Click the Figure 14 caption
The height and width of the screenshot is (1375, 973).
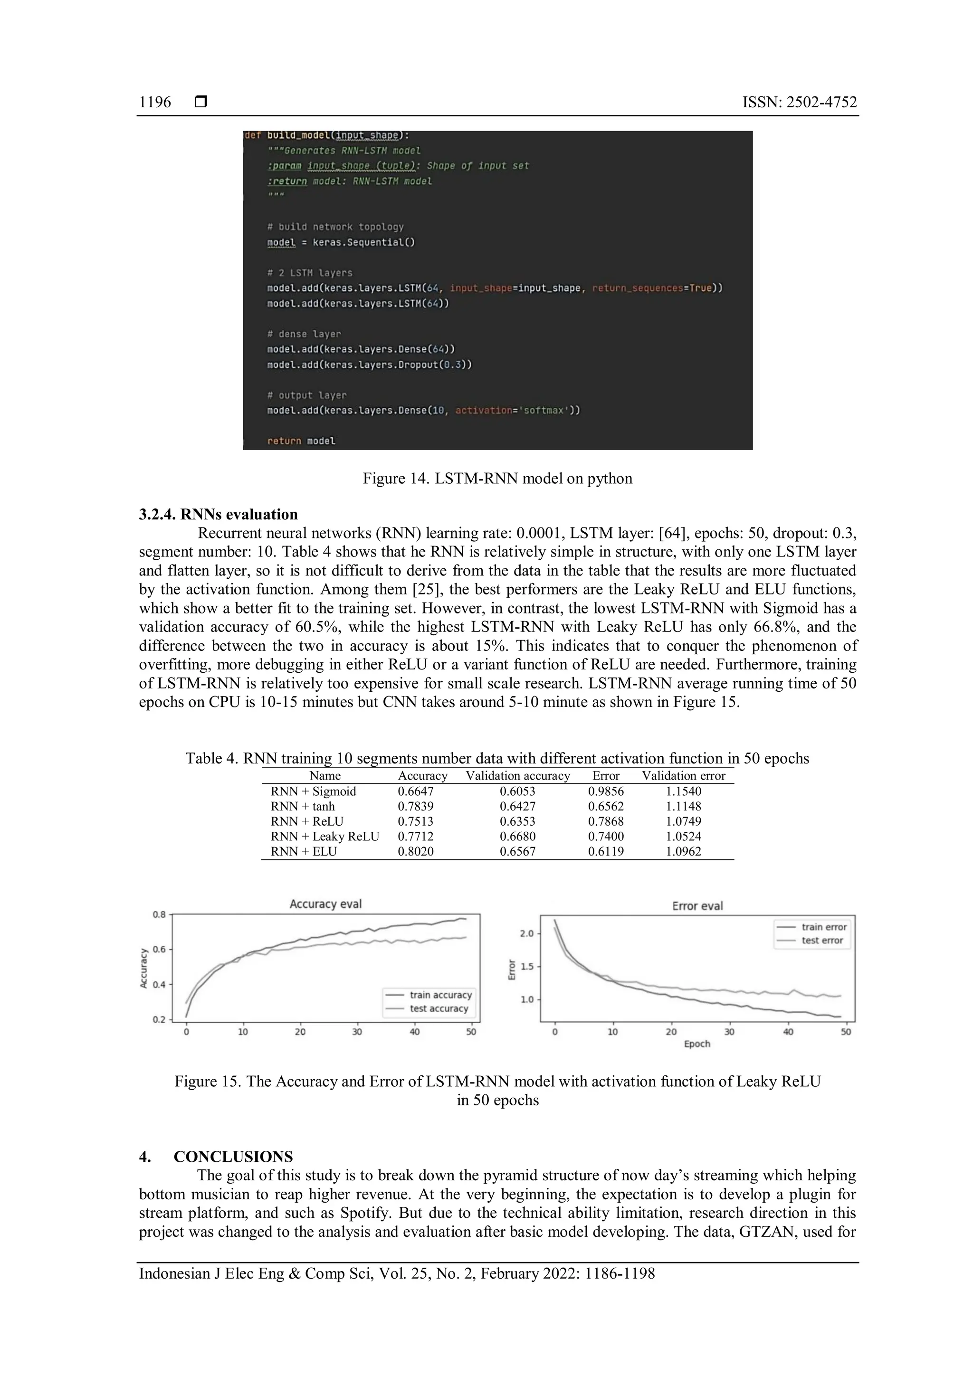[497, 479]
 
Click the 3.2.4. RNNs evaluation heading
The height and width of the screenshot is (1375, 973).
[218, 514]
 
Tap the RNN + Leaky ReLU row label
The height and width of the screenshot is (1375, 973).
[325, 837]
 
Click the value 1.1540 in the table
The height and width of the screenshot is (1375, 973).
[683, 791]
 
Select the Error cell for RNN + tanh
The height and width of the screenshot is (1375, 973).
[605, 807]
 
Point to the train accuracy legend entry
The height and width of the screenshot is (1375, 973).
[440, 995]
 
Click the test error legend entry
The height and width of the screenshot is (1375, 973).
[822, 940]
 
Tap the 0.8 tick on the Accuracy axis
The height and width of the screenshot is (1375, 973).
[159, 914]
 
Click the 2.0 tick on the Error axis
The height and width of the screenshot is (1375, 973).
[526, 933]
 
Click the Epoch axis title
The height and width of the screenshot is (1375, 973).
[697, 1044]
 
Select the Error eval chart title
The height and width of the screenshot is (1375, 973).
[697, 906]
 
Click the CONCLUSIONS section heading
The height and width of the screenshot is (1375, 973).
[233, 1157]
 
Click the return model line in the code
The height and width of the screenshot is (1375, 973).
[301, 441]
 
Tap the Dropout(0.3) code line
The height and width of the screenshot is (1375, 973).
[370, 365]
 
